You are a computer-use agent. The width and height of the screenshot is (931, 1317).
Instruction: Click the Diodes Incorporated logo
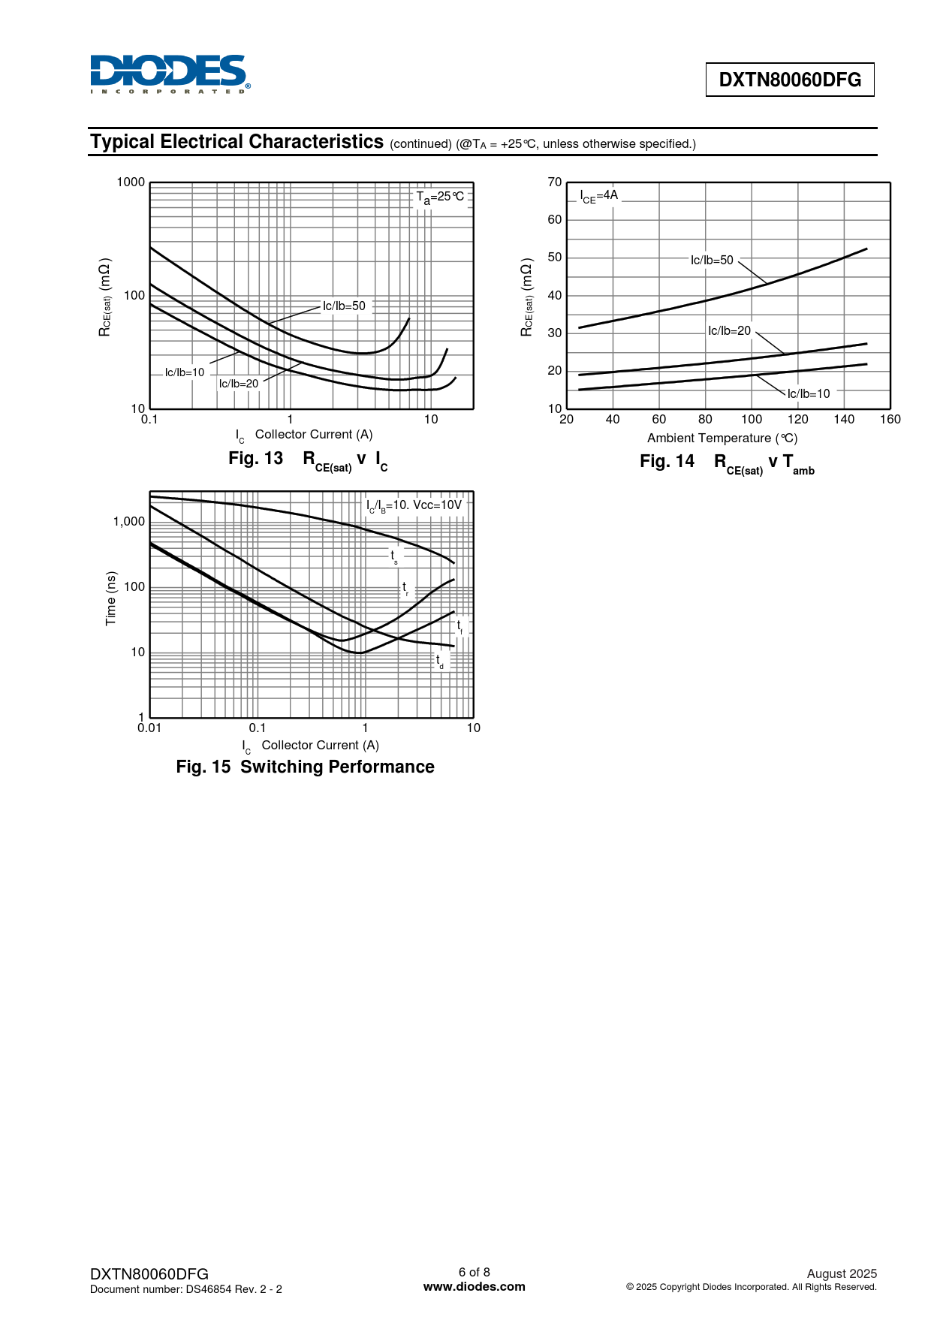pyautogui.click(x=170, y=74)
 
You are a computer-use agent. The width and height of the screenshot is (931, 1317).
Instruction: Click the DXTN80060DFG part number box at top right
pyautogui.click(x=790, y=80)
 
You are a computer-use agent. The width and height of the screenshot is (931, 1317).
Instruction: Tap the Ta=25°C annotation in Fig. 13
pyautogui.click(x=440, y=197)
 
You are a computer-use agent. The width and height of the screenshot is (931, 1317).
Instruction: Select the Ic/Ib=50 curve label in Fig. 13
pyautogui.click(x=344, y=306)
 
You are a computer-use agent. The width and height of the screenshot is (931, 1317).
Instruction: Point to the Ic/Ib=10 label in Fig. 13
pyautogui.click(x=185, y=372)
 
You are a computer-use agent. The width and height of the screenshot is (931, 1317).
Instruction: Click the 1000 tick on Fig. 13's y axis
pyautogui.click(x=131, y=182)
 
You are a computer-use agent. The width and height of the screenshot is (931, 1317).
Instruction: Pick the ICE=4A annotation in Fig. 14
pyautogui.click(x=599, y=196)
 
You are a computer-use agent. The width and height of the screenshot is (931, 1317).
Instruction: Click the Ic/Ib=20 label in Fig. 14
pyautogui.click(x=729, y=330)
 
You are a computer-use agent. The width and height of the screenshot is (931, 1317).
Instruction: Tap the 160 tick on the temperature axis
pyautogui.click(x=890, y=419)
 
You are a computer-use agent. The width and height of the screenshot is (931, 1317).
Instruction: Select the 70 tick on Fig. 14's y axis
pyautogui.click(x=555, y=182)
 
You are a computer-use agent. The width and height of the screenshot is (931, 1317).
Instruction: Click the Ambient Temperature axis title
pyautogui.click(x=722, y=438)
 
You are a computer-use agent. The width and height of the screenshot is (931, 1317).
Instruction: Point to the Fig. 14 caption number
pyautogui.click(x=667, y=462)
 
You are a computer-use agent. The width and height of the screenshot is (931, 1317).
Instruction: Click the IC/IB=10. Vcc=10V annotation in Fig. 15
pyautogui.click(x=414, y=505)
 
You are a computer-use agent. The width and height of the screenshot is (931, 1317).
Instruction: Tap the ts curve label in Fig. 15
pyautogui.click(x=393, y=556)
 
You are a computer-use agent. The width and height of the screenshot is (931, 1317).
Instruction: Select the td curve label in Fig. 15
pyautogui.click(x=440, y=661)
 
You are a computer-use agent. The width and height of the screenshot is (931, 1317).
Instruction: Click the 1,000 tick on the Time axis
pyautogui.click(x=129, y=522)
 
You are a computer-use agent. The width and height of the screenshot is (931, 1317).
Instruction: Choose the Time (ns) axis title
pyautogui.click(x=111, y=598)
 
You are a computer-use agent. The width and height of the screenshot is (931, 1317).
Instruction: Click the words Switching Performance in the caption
pyautogui.click(x=337, y=767)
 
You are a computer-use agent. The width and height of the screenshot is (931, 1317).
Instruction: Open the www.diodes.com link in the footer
pyautogui.click(x=475, y=1286)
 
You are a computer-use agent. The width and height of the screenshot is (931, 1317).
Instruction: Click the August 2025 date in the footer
pyautogui.click(x=842, y=1273)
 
